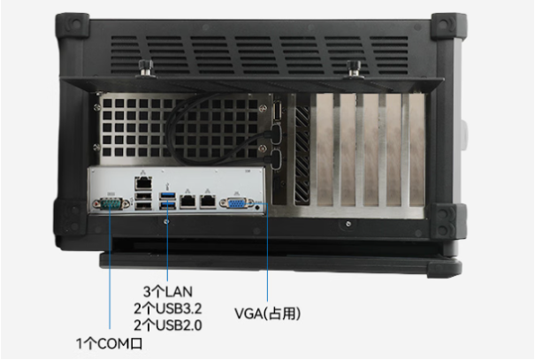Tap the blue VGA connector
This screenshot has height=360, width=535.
coord(237,203)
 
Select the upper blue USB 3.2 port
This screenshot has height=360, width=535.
coord(167,195)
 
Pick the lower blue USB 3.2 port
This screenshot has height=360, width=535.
coord(167,204)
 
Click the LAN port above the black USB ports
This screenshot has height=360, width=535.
coord(143,184)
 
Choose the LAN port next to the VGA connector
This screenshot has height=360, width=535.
coord(208,201)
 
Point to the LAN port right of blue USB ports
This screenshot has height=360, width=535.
coord(187,201)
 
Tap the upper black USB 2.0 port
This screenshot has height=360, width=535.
coord(143,195)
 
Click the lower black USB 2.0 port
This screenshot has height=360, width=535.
coord(143,205)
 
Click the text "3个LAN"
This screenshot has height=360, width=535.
coord(167,292)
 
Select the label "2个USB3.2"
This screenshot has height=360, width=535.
coord(167,309)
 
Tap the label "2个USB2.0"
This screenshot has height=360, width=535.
coord(167,326)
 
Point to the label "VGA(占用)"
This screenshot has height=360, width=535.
coord(267,314)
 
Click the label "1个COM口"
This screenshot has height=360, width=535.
coord(109,343)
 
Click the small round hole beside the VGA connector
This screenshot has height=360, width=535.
coord(258,207)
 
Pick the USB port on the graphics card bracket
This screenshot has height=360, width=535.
coord(278,111)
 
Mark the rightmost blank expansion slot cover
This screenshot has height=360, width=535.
coord(417,149)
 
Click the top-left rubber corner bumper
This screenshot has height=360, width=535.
coord(73,26)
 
